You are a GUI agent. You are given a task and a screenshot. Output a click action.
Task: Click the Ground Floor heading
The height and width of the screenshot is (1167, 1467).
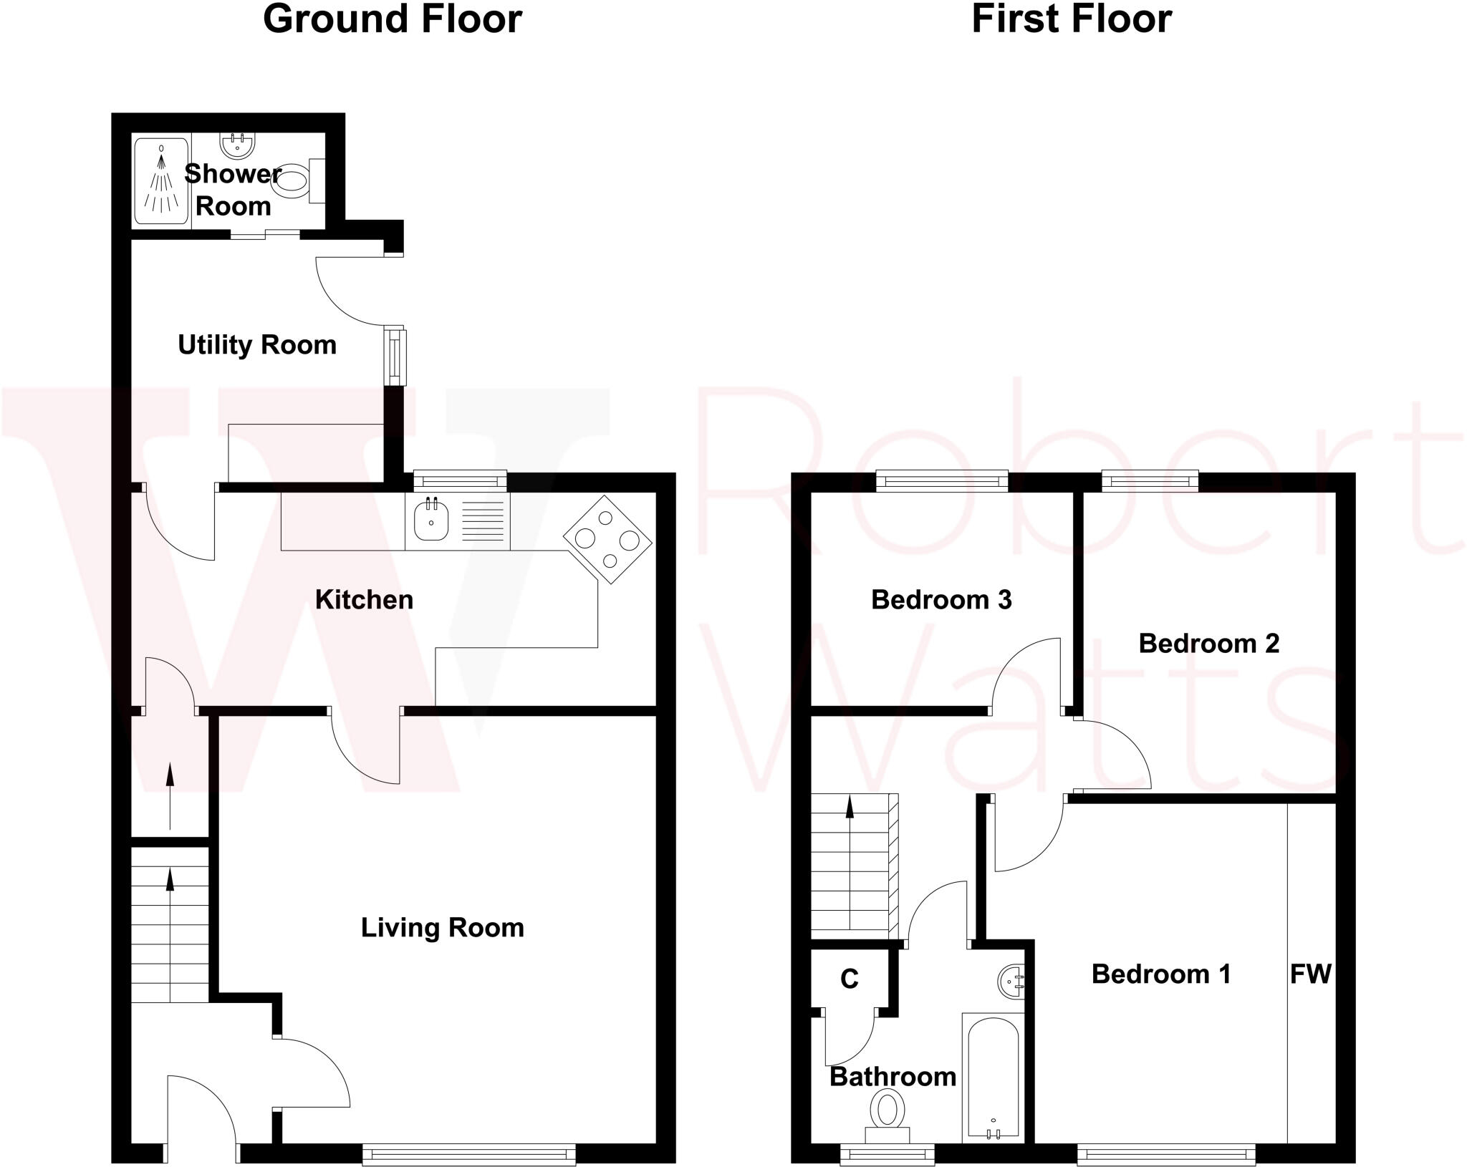392,19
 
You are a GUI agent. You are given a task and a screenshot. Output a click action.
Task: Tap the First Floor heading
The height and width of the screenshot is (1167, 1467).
1071,19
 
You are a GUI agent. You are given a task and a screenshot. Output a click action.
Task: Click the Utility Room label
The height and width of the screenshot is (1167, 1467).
257,345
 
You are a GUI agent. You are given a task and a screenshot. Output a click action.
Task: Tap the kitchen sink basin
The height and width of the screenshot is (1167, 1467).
431,520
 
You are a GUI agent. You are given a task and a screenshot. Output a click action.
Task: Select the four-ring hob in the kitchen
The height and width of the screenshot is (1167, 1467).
607,539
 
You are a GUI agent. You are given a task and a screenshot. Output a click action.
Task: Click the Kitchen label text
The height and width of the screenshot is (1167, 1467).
364,600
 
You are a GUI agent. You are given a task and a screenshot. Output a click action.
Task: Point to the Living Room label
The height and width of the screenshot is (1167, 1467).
442,928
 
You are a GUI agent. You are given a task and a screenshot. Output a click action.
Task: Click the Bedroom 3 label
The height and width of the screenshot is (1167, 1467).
941,600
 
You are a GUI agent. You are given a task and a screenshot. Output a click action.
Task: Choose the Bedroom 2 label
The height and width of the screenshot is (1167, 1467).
1208,644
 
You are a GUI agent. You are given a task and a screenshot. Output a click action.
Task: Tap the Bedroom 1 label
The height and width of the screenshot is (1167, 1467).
1160,974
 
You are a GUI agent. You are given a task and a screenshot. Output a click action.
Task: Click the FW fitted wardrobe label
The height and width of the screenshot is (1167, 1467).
1310,974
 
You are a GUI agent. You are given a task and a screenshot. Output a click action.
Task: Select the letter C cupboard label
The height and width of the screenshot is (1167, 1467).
849,979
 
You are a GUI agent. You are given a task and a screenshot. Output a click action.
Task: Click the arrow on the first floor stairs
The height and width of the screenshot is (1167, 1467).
850,809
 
